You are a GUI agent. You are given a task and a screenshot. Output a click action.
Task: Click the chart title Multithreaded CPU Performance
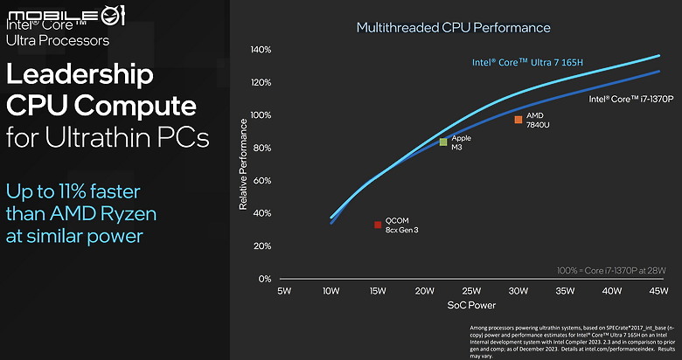point(453,28)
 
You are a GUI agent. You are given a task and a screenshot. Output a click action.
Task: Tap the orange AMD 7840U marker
point(518,120)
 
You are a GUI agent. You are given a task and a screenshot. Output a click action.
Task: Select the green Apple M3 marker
point(443,142)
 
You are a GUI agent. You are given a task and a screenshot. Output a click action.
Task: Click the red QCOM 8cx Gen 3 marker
point(378,225)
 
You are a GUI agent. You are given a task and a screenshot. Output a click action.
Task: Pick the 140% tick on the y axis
point(260,50)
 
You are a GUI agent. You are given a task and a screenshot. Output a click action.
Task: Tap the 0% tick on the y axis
point(264,279)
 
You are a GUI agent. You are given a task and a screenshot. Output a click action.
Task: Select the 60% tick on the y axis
point(261,181)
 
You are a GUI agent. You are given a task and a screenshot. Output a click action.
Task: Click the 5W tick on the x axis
point(283,290)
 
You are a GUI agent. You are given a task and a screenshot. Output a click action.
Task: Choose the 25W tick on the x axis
point(471,290)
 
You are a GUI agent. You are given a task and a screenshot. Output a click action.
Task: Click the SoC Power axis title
point(472,306)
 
